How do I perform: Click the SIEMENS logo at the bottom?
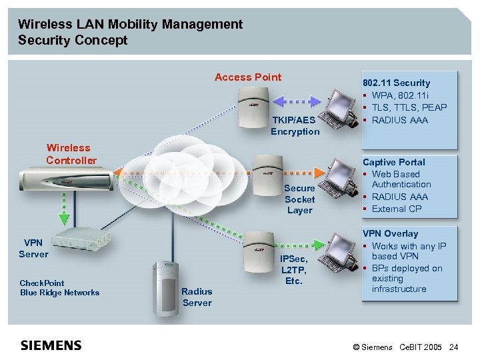pyautogui.click(x=51, y=345)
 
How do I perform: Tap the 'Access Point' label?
pyautogui.click(x=248, y=77)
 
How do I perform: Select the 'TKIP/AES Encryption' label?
pyautogui.click(x=295, y=125)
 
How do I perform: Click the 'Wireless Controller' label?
pyautogui.click(x=71, y=154)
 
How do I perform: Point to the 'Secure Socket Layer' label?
pyautogui.click(x=299, y=199)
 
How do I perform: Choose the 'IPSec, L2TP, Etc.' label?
pyautogui.click(x=293, y=269)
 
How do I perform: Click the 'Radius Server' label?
pyautogui.click(x=197, y=297)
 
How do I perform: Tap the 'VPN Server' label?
pyautogui.click(x=33, y=248)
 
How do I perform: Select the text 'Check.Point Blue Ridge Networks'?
pyautogui.click(x=59, y=287)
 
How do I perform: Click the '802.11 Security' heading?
pyautogui.click(x=396, y=83)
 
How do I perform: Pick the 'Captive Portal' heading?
pyautogui.click(x=393, y=162)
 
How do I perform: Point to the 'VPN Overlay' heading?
pyautogui.click(x=390, y=234)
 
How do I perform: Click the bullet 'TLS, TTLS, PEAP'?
pyautogui.click(x=409, y=107)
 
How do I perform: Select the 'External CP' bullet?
pyautogui.click(x=397, y=209)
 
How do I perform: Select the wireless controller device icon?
pyautogui.click(x=59, y=180)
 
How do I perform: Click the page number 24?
pyautogui.click(x=454, y=347)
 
